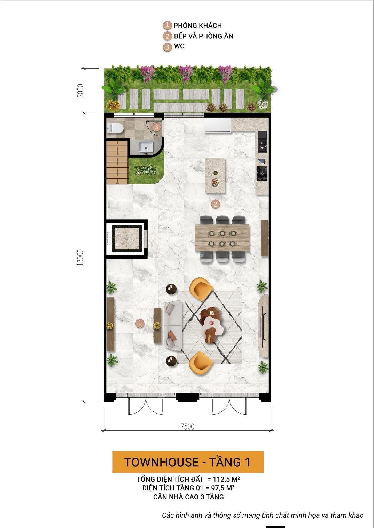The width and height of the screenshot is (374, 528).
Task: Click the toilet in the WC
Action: coord(115,128)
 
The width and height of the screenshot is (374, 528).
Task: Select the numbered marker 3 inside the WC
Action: coord(156,127)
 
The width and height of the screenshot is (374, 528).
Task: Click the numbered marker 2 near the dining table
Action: coord(215,204)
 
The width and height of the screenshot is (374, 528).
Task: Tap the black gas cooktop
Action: coord(262,173)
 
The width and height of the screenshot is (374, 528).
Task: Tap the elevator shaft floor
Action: coord(127,238)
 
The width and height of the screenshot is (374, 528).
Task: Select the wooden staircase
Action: coord(117,161)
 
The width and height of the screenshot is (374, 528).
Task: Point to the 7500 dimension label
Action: coord(187,427)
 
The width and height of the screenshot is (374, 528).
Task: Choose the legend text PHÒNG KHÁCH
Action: coord(198,26)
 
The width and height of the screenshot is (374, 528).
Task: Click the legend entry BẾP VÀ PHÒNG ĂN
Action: coord(204,36)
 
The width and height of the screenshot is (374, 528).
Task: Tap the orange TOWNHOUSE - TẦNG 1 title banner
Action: coord(188,462)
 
